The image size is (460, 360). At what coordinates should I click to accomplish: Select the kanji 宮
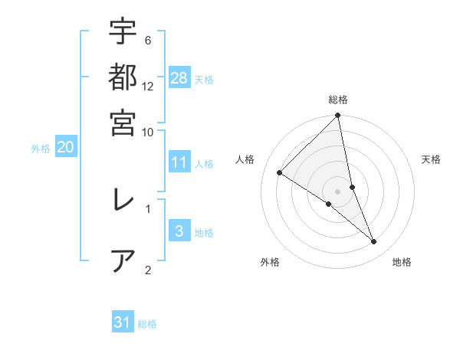click(x=123, y=122)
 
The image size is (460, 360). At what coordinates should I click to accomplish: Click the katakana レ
click(x=123, y=200)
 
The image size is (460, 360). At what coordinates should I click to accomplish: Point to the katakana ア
click(x=123, y=260)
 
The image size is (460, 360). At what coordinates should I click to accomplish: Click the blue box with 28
click(x=179, y=77)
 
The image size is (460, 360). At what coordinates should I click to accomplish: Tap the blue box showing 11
click(x=179, y=162)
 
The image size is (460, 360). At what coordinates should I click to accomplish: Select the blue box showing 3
click(x=179, y=232)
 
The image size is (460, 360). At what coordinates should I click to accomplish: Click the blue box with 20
click(x=66, y=148)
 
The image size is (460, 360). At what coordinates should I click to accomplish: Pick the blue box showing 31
click(x=123, y=323)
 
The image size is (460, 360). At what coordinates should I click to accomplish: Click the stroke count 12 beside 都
click(x=148, y=87)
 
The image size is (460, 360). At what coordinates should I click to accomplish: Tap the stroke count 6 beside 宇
click(x=147, y=40)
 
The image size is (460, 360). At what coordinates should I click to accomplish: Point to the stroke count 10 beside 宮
click(x=148, y=131)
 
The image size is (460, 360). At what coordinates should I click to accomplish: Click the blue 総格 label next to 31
click(x=147, y=324)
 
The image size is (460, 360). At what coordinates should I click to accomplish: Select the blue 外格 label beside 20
click(x=41, y=149)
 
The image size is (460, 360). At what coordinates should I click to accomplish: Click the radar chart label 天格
click(x=432, y=159)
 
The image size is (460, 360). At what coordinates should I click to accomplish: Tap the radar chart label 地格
click(x=402, y=263)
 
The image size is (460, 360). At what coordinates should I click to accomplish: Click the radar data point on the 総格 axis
click(x=337, y=116)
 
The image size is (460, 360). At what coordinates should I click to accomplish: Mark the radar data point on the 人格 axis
click(x=280, y=173)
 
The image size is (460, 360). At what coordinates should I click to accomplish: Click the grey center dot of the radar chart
click(x=337, y=191)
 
